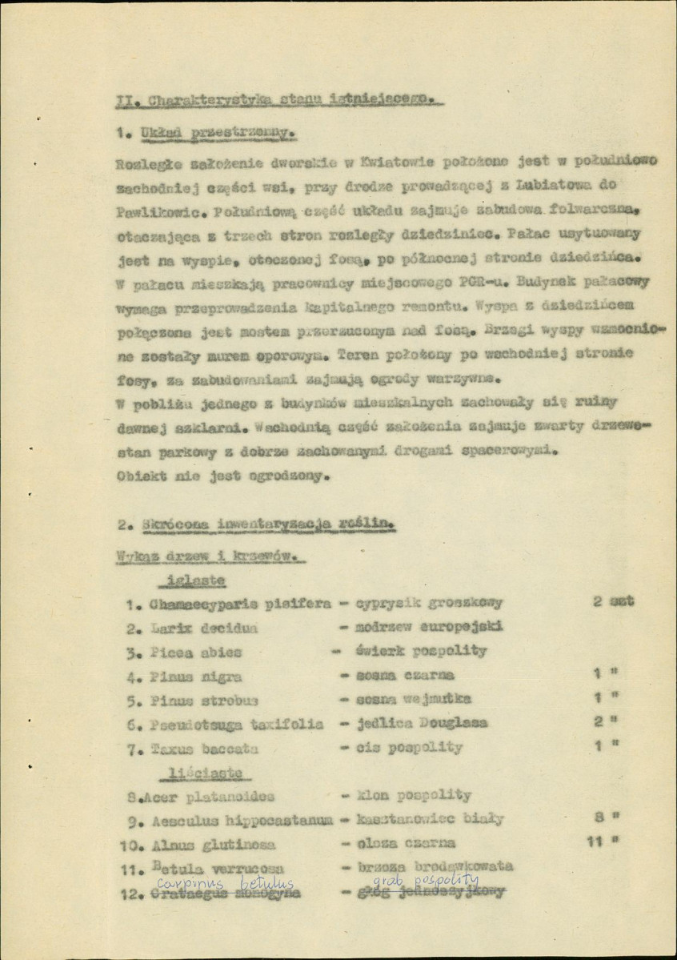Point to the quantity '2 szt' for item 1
point(614,601)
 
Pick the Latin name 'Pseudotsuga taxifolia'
point(236,724)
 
